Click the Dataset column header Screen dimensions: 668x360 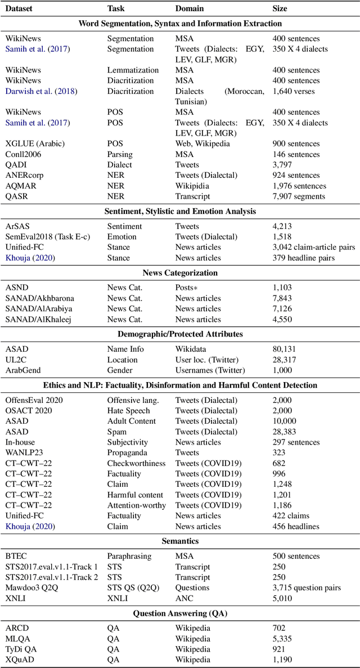click(20, 9)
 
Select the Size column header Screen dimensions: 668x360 click(280, 9)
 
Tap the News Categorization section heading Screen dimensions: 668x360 click(180, 273)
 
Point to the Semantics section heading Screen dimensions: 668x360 click(180, 541)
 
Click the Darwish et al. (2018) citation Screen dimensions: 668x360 click(41, 91)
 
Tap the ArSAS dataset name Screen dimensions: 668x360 click(18, 226)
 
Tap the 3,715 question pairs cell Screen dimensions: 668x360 click(307, 588)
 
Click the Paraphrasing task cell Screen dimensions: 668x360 click(129, 556)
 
